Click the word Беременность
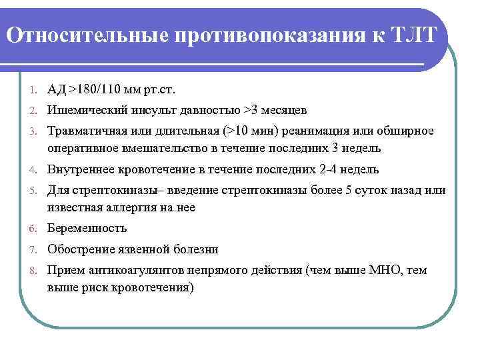click(87, 228)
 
